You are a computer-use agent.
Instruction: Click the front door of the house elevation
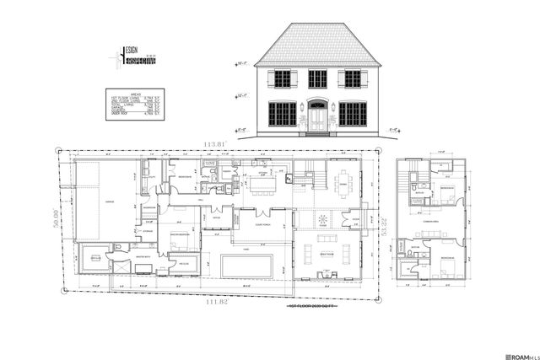[x=317, y=119]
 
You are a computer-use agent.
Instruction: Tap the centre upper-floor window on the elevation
[x=317, y=78]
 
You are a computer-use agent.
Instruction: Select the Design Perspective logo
[x=120, y=62]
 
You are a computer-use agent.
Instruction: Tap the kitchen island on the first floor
[x=261, y=184]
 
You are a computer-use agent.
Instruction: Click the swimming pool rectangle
[x=246, y=265]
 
